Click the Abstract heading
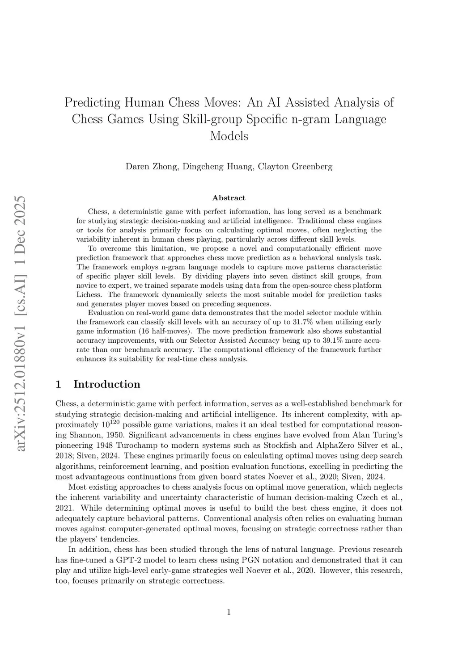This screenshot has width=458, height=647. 229,197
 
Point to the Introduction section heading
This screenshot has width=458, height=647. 106,384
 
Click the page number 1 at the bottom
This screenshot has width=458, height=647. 229,612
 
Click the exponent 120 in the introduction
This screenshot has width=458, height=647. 115,422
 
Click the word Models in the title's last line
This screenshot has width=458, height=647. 229,136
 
